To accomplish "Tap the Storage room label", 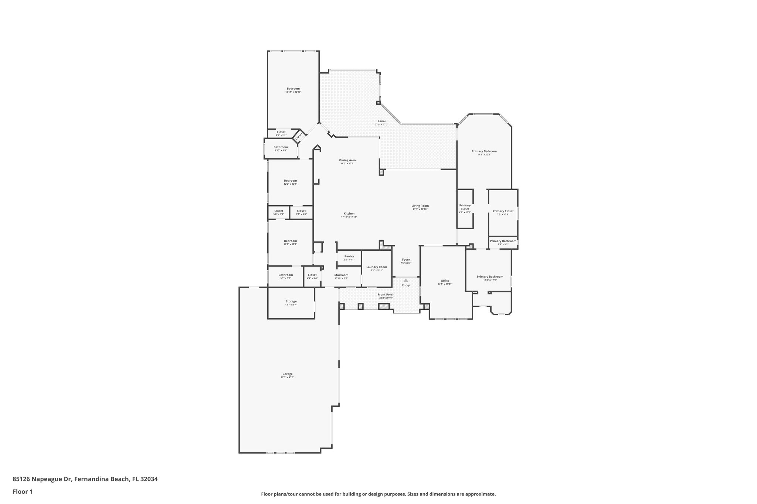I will [291, 301].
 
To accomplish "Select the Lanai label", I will [381, 121].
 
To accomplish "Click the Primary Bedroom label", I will [484, 151].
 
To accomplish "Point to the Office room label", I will [445, 281].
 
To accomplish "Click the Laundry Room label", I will [376, 267].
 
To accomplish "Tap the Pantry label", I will [349, 256].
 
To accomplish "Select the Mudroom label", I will [341, 275].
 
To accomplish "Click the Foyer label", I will [405, 260].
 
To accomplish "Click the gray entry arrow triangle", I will [406, 280].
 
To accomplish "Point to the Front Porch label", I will [386, 294].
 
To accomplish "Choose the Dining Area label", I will [347, 160].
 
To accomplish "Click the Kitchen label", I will [349, 213].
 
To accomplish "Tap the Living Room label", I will [420, 206].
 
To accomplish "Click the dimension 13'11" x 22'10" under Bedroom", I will [293, 92].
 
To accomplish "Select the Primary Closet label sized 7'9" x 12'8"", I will [503, 211].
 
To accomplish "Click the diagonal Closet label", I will [299, 136].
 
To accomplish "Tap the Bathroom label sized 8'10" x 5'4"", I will [281, 147].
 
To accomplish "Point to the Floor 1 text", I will [23, 492].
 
